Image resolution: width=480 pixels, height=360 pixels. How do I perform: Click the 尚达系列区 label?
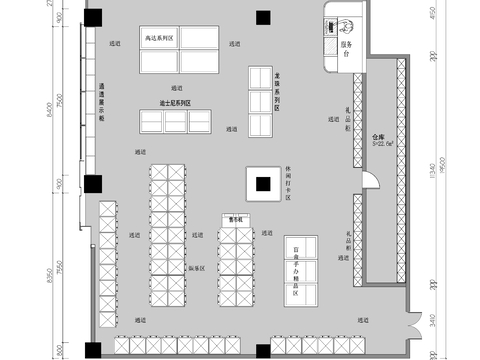coord(160,38)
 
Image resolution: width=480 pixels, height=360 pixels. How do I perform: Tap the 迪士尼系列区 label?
coord(175,102)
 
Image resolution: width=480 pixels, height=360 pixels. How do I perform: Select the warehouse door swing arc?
coord(371,180)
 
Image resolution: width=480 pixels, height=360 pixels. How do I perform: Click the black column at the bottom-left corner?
coord(92,349)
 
